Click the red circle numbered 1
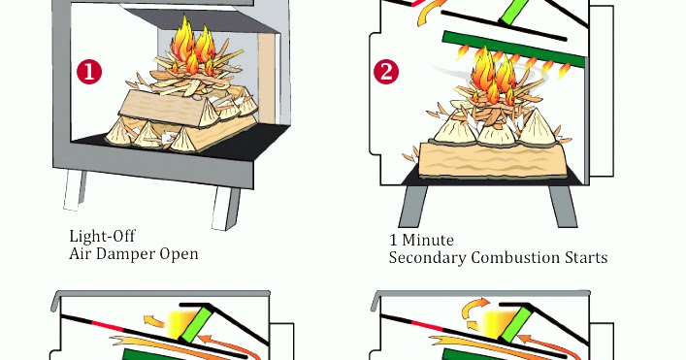(90, 72)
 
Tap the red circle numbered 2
(387, 72)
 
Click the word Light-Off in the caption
(102, 236)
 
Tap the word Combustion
(517, 257)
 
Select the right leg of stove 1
(232, 207)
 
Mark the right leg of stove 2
(562, 205)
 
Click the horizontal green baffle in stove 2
(514, 46)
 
